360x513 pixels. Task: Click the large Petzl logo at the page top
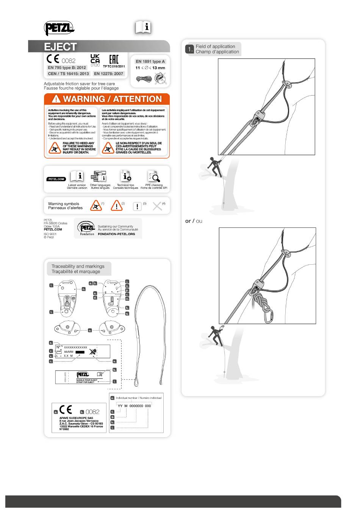(59, 28)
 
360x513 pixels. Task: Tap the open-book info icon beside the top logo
(143, 27)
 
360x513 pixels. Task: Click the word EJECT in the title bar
(61, 47)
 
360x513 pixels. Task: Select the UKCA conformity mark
(95, 59)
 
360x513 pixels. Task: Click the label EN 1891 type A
(150, 61)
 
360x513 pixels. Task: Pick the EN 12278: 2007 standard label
(109, 74)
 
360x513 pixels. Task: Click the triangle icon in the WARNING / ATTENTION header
(56, 99)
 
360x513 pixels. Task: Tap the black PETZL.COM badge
(56, 179)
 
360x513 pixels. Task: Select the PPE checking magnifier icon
(154, 177)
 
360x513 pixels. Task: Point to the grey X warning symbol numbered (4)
(157, 206)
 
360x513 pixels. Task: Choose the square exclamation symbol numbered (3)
(137, 206)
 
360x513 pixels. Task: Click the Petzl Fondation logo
(87, 228)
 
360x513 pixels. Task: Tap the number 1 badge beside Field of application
(189, 49)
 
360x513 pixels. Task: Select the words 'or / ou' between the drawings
(194, 221)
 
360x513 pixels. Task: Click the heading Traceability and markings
(78, 266)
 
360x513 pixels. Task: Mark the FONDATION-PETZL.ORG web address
(116, 234)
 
